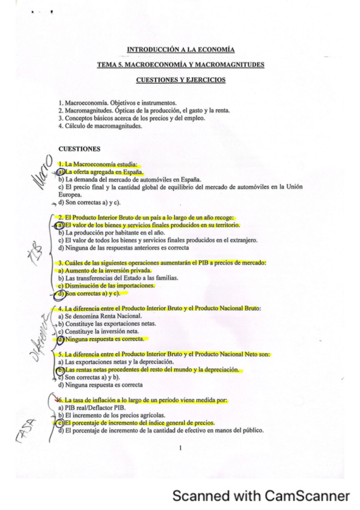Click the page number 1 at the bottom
pos(180,447)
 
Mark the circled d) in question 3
pos(61,294)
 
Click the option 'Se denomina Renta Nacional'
pos(103,316)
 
